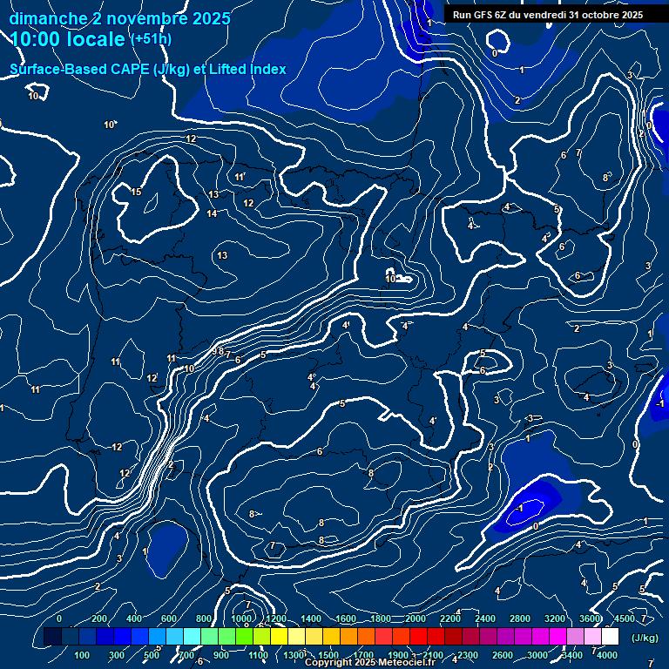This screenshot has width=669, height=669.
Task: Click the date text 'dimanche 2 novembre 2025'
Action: click(x=120, y=18)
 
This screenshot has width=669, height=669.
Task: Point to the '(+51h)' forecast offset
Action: click(x=151, y=39)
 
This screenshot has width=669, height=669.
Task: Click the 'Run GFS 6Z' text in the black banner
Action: click(x=479, y=15)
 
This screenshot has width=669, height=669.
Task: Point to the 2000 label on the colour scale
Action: click(x=416, y=618)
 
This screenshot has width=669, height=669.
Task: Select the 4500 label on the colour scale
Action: click(x=624, y=618)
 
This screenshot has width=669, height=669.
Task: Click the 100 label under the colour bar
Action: click(x=83, y=655)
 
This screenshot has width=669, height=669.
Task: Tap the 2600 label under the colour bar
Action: click(x=503, y=655)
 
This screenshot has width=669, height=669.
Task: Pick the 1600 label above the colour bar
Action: click(x=346, y=618)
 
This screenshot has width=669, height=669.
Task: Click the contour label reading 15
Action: click(x=136, y=192)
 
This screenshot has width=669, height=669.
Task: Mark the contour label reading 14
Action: click(x=212, y=213)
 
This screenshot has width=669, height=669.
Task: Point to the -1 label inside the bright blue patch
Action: click(x=520, y=508)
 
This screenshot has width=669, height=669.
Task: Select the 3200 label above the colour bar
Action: click(x=555, y=618)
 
